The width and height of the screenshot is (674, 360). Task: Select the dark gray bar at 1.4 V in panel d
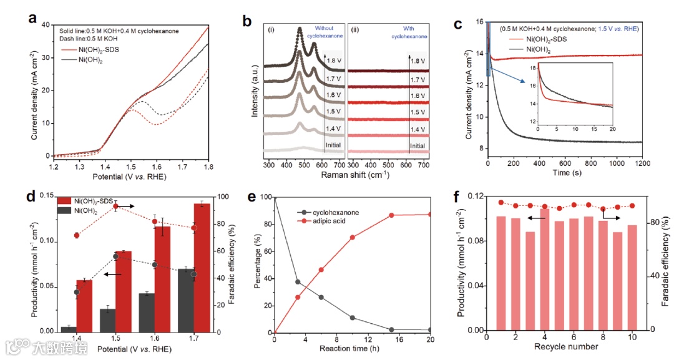[69, 329]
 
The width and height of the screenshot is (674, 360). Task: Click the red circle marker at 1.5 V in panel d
[115, 206]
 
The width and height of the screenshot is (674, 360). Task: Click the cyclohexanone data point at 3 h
[298, 282]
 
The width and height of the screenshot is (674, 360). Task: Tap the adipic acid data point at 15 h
[391, 215]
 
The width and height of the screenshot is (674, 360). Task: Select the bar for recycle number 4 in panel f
[545, 269]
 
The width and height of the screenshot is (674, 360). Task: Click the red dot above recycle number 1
[501, 203]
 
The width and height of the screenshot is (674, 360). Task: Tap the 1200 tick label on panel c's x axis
[642, 162]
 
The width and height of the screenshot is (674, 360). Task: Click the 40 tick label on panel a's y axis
[45, 25]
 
